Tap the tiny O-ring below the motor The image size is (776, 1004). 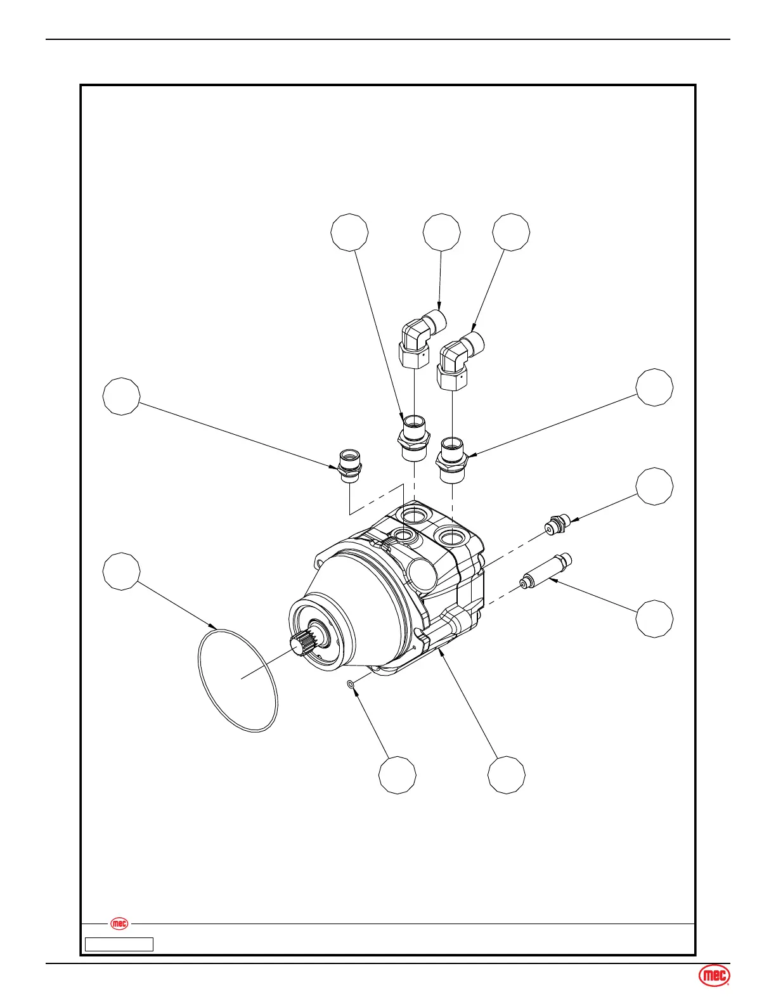point(350,684)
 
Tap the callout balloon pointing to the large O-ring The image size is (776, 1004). point(122,571)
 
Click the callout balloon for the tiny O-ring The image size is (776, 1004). point(398,774)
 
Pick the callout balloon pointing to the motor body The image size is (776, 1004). point(507,774)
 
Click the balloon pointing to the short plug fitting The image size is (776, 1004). point(655,487)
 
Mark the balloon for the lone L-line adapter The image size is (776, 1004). point(122,396)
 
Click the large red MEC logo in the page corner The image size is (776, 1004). point(715,977)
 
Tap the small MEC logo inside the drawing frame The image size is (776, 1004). point(119,924)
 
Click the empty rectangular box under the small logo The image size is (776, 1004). point(119,944)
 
